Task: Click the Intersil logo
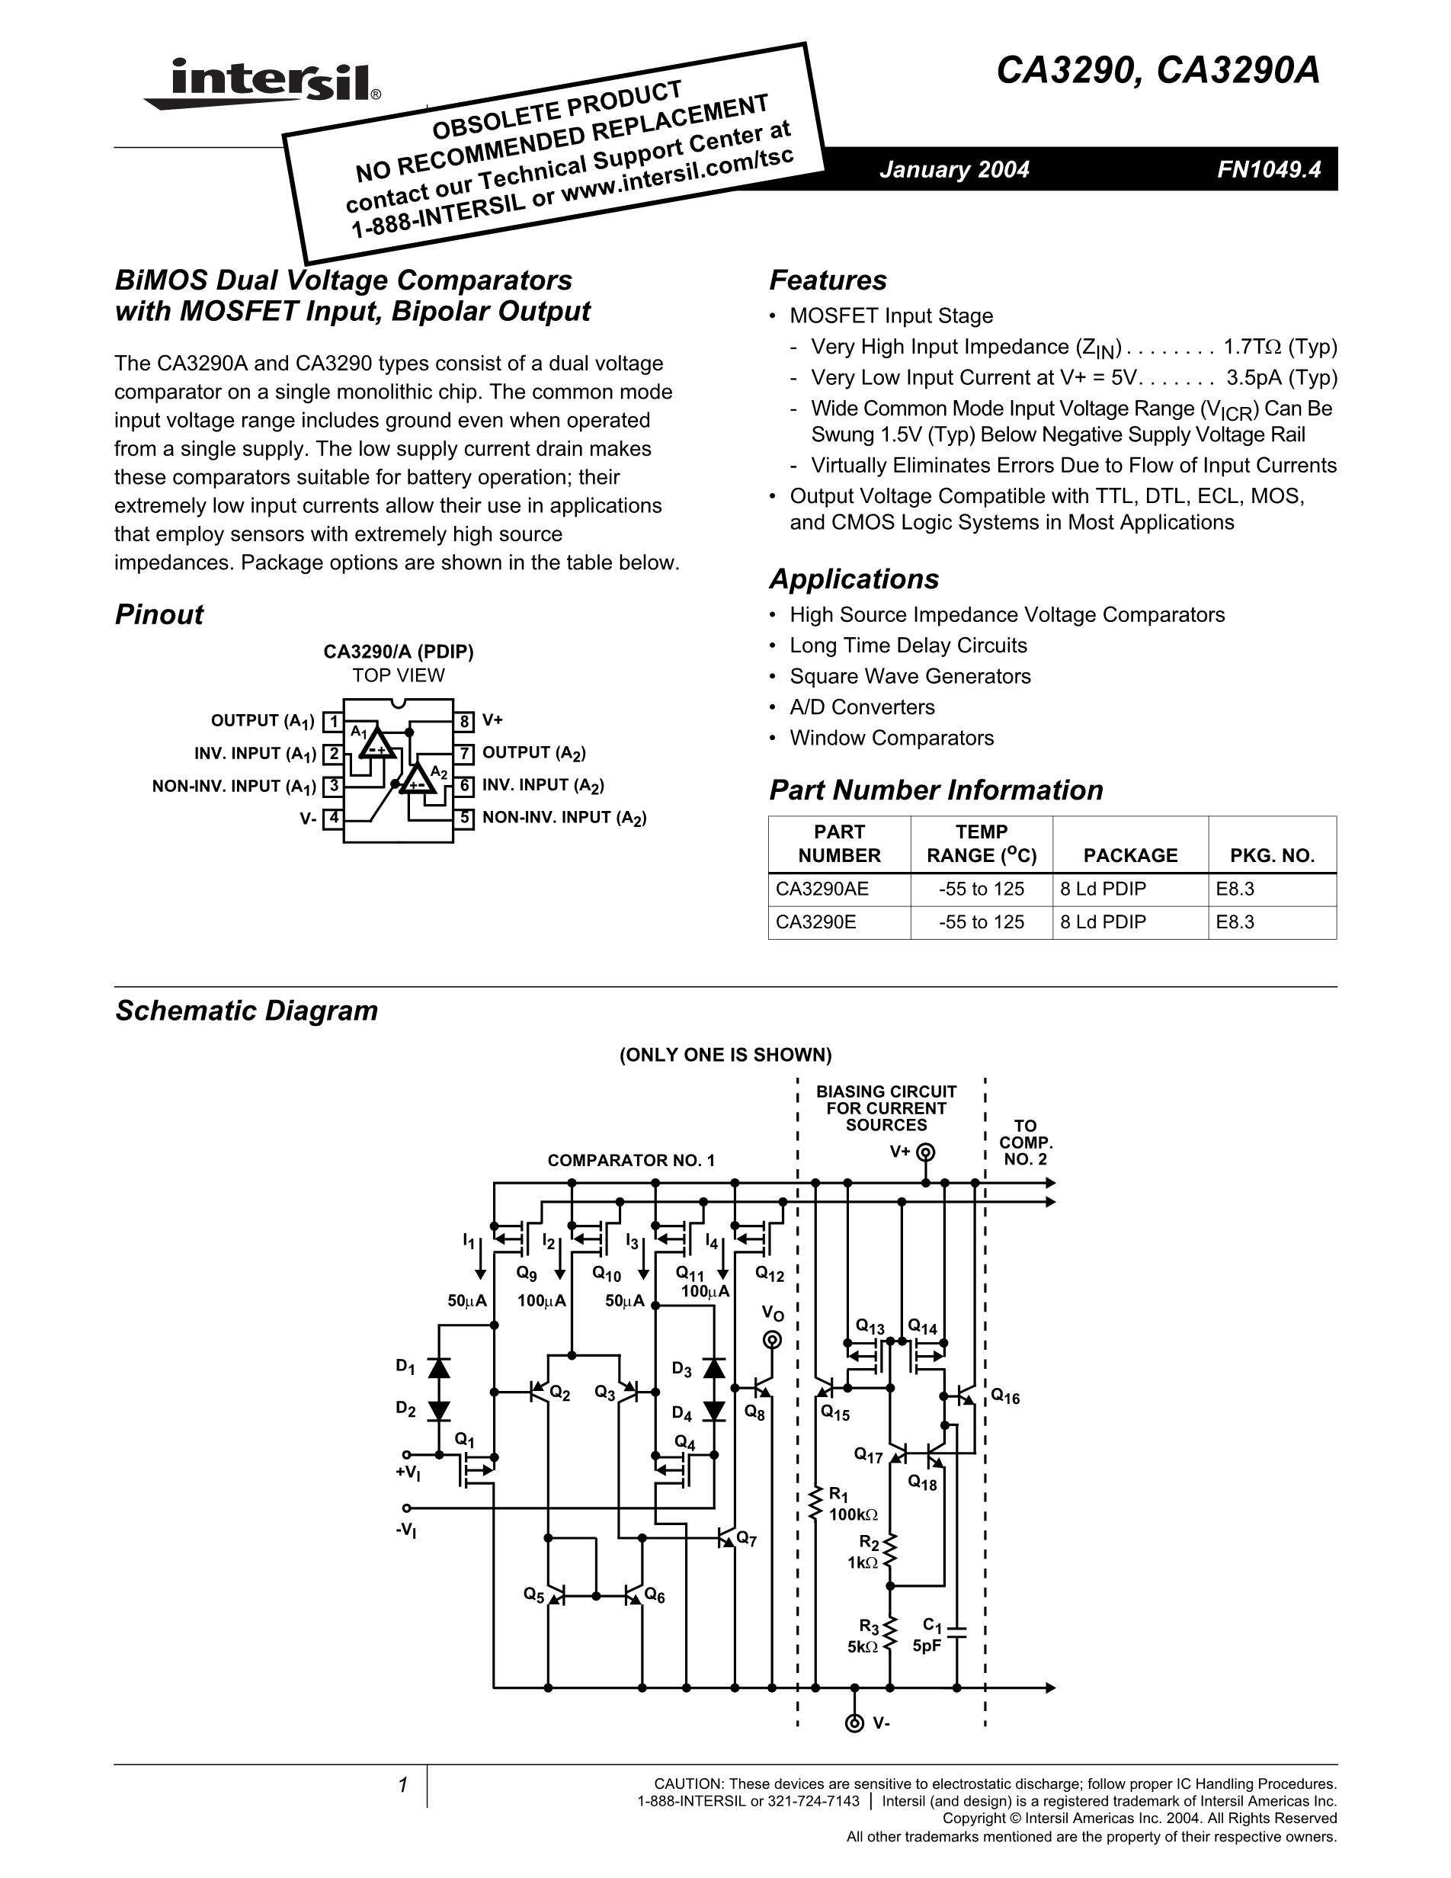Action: point(262,83)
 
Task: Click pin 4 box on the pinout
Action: point(333,818)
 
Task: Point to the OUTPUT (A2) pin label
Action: point(533,753)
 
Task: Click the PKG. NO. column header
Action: point(1272,856)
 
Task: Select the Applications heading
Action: point(854,579)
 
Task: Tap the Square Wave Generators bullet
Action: point(909,677)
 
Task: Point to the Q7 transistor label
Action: point(746,1538)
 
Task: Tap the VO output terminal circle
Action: point(773,1340)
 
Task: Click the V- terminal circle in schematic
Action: point(854,1723)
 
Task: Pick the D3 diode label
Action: point(681,1370)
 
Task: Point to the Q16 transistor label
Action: point(1005,1396)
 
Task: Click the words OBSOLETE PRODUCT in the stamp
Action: point(557,110)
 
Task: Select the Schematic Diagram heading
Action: point(247,1011)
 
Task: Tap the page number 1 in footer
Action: point(402,1786)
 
